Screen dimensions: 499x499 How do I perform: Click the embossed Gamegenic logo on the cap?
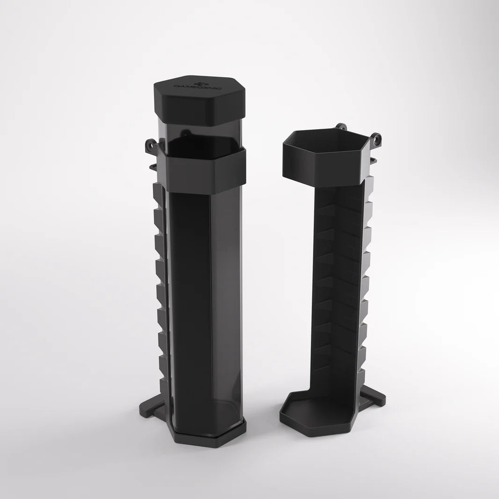tap(200, 86)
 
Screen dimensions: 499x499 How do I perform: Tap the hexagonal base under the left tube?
tap(206, 438)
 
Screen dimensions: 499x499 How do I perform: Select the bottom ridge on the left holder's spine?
tap(164, 386)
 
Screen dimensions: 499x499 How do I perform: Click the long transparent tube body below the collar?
tap(206, 300)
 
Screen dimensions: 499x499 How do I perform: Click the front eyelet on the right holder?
tap(376, 139)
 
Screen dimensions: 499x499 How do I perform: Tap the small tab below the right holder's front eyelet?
tap(373, 161)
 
